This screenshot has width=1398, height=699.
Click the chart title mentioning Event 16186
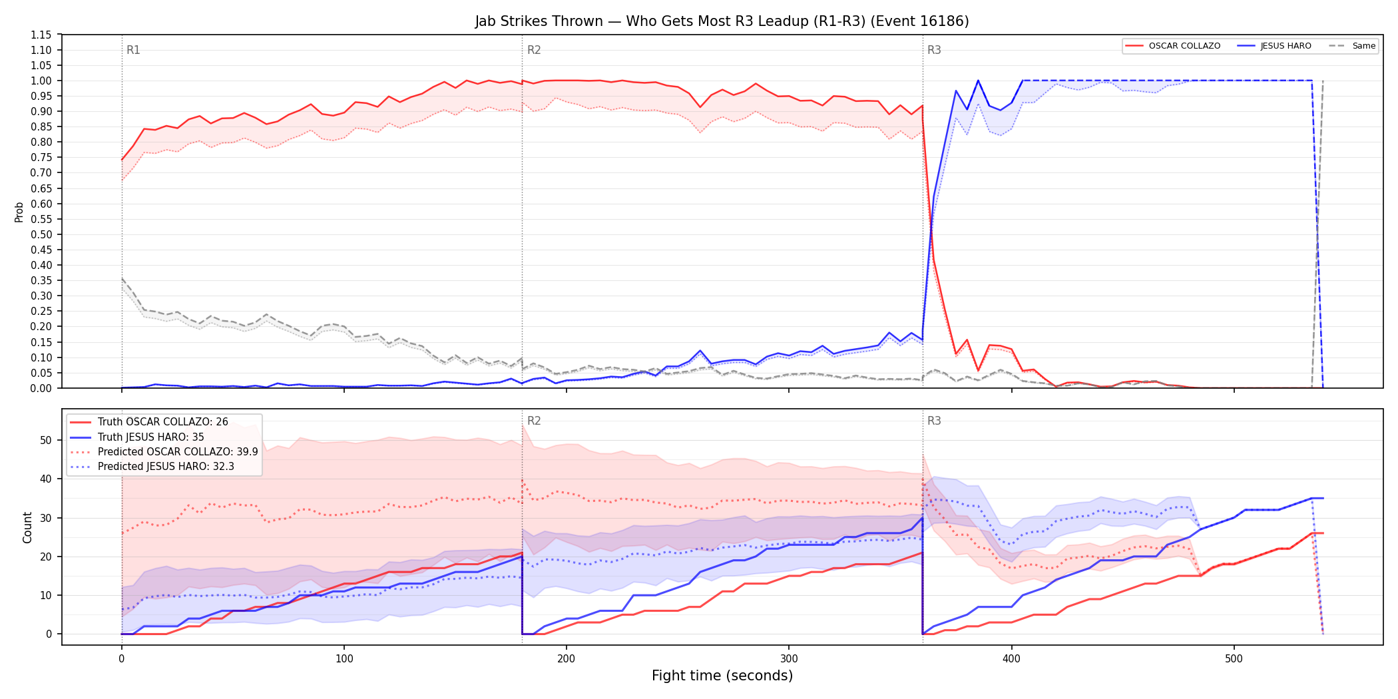[x=722, y=21]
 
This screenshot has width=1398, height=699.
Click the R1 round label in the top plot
[x=133, y=50]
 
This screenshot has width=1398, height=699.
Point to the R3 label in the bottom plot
[x=934, y=421]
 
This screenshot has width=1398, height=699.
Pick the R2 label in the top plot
[x=534, y=50]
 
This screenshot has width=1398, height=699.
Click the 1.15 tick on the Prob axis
[x=41, y=35]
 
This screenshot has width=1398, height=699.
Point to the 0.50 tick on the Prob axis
[x=41, y=234]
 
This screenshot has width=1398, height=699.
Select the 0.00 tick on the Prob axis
[x=41, y=388]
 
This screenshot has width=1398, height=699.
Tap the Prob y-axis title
[x=19, y=212]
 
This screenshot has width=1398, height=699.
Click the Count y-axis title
[x=27, y=527]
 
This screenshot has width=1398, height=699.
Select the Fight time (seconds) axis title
[x=722, y=676]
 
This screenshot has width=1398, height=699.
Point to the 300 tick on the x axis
[x=789, y=659]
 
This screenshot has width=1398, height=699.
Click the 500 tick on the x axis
[x=1234, y=659]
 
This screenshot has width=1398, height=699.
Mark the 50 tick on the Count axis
[x=46, y=440]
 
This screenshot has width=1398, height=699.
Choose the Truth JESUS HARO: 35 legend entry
[x=150, y=437]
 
